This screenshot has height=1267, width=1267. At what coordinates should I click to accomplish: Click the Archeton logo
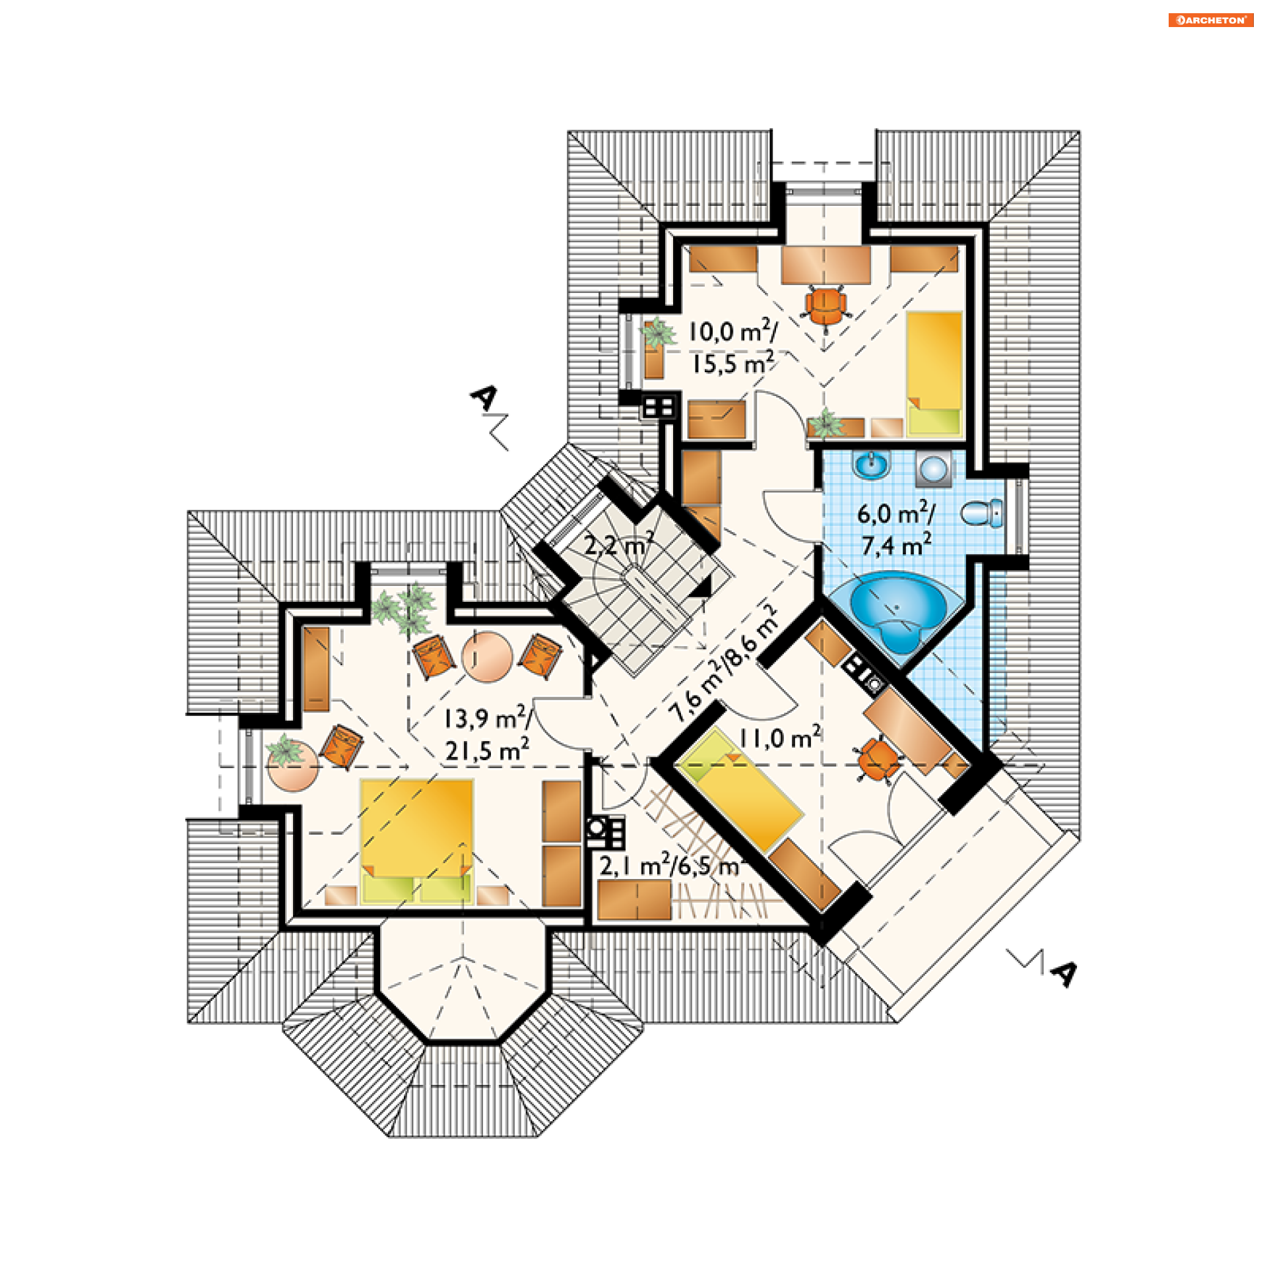coord(1210,20)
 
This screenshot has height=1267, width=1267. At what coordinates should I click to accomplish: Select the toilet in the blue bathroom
coord(982,513)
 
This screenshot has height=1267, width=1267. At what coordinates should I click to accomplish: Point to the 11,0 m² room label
coord(779,738)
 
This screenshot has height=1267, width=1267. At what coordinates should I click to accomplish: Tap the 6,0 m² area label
coord(895,513)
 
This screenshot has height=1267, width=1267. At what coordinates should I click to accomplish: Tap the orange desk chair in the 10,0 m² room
coord(826,305)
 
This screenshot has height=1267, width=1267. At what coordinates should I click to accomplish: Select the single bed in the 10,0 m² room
coord(934,372)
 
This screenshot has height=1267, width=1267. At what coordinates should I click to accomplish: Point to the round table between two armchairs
coord(487,657)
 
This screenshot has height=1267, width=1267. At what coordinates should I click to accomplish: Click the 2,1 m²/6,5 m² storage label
coord(670,866)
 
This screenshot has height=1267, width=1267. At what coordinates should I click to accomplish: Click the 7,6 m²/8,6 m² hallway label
coord(723,663)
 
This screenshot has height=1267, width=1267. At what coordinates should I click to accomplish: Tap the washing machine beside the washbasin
coord(934,469)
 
